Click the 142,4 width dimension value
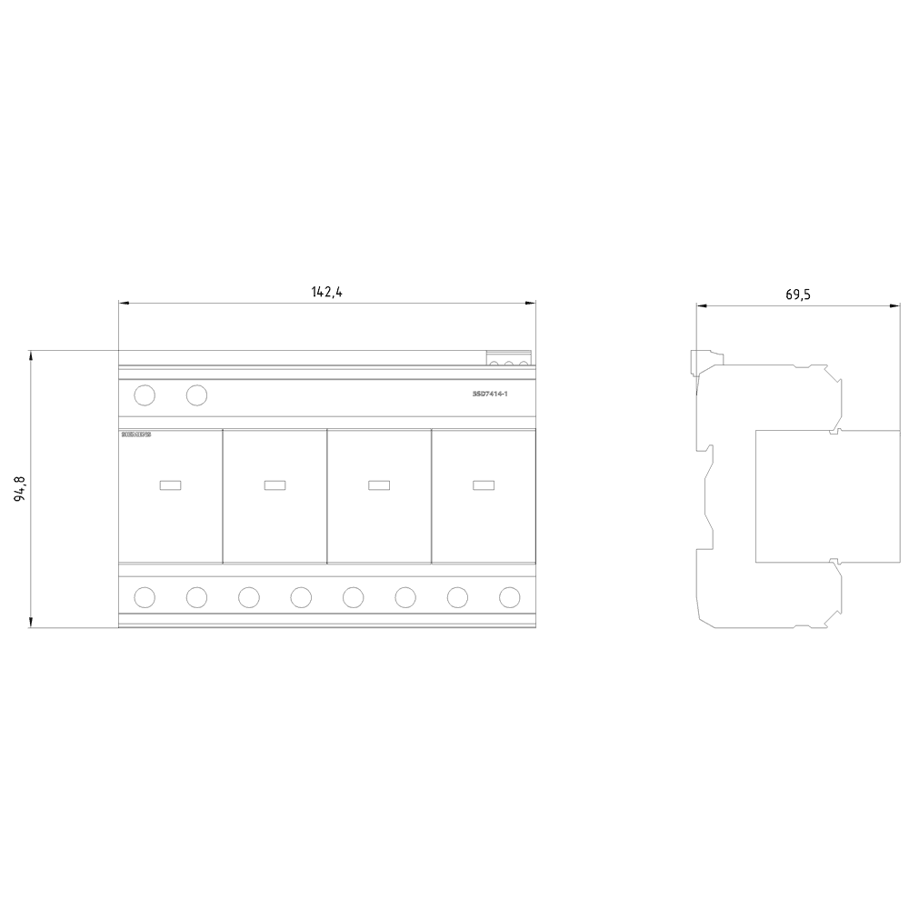coord(326,292)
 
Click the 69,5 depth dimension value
coord(797,295)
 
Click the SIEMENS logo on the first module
coord(135,435)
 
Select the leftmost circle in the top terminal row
coord(145,395)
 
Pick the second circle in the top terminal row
coord(196,395)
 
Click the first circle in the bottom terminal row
coord(145,596)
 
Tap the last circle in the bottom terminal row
coord(510,596)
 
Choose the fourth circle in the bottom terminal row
coord(301,596)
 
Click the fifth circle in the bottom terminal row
coord(354,596)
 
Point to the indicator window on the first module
coord(170,484)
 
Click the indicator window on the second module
coord(275,484)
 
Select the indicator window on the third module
coord(379,484)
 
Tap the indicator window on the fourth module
coord(484,484)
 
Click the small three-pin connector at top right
coord(509,359)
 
